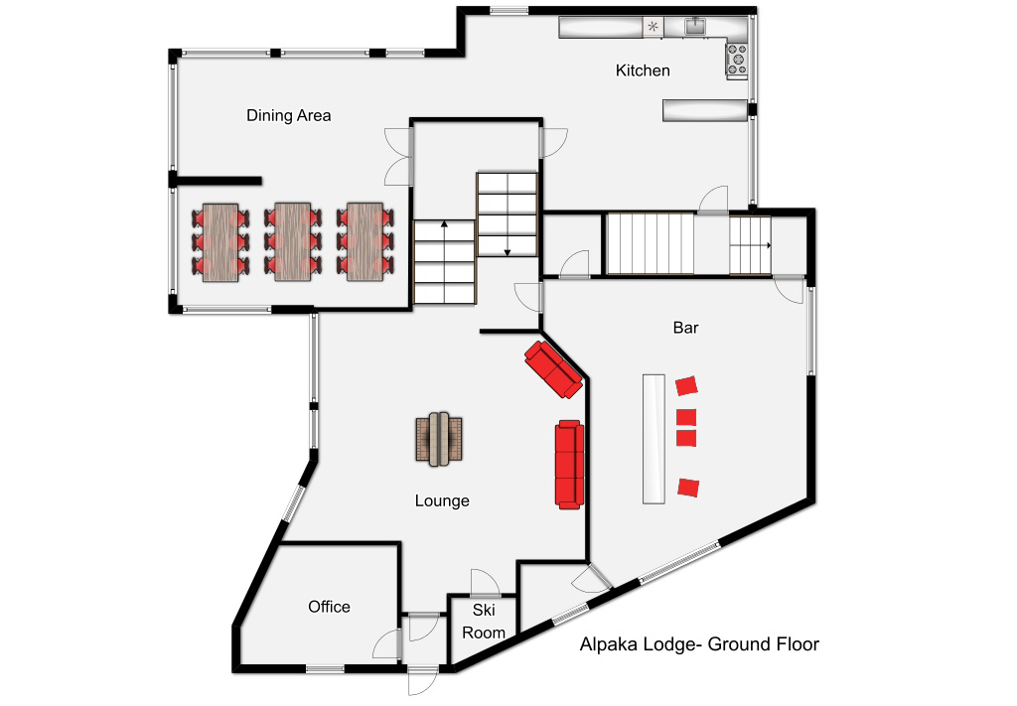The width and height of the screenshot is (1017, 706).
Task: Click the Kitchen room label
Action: tap(643, 71)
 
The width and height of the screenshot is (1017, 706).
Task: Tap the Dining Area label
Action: tap(289, 115)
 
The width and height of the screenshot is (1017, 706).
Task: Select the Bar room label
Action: tap(685, 328)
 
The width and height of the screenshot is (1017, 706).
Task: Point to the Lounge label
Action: tap(442, 501)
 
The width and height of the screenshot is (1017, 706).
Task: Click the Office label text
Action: tap(329, 607)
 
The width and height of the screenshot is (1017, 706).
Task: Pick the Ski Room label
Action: tap(484, 621)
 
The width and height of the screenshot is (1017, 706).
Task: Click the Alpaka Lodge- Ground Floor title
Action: tap(699, 644)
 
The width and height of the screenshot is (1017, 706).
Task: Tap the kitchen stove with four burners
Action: tap(737, 60)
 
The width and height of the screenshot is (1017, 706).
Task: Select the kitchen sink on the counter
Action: tap(695, 25)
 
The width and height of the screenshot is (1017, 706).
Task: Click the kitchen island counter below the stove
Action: tap(704, 110)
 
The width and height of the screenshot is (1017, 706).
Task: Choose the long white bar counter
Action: tap(654, 439)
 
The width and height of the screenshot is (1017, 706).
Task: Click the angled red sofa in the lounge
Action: tap(553, 369)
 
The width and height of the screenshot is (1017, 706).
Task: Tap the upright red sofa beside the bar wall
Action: tap(569, 465)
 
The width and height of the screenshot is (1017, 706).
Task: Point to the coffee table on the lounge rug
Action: tap(439, 439)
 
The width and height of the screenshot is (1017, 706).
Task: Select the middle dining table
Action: tap(293, 242)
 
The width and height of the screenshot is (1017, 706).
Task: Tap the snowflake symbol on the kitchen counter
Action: tap(654, 27)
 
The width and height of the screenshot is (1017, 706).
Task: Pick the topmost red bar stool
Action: tap(686, 385)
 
